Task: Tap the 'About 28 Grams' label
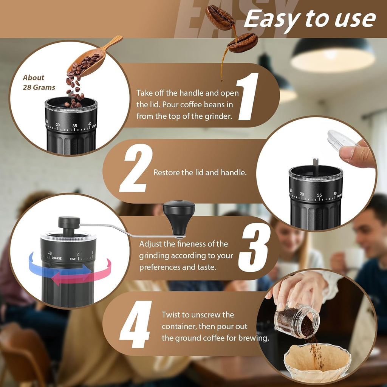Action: pyautogui.click(x=39, y=82)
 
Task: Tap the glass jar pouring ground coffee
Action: pyautogui.click(x=297, y=320)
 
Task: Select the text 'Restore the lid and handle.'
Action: pyautogui.click(x=200, y=173)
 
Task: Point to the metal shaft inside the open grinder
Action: pyautogui.click(x=316, y=166)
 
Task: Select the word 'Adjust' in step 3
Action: pyautogui.click(x=151, y=244)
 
